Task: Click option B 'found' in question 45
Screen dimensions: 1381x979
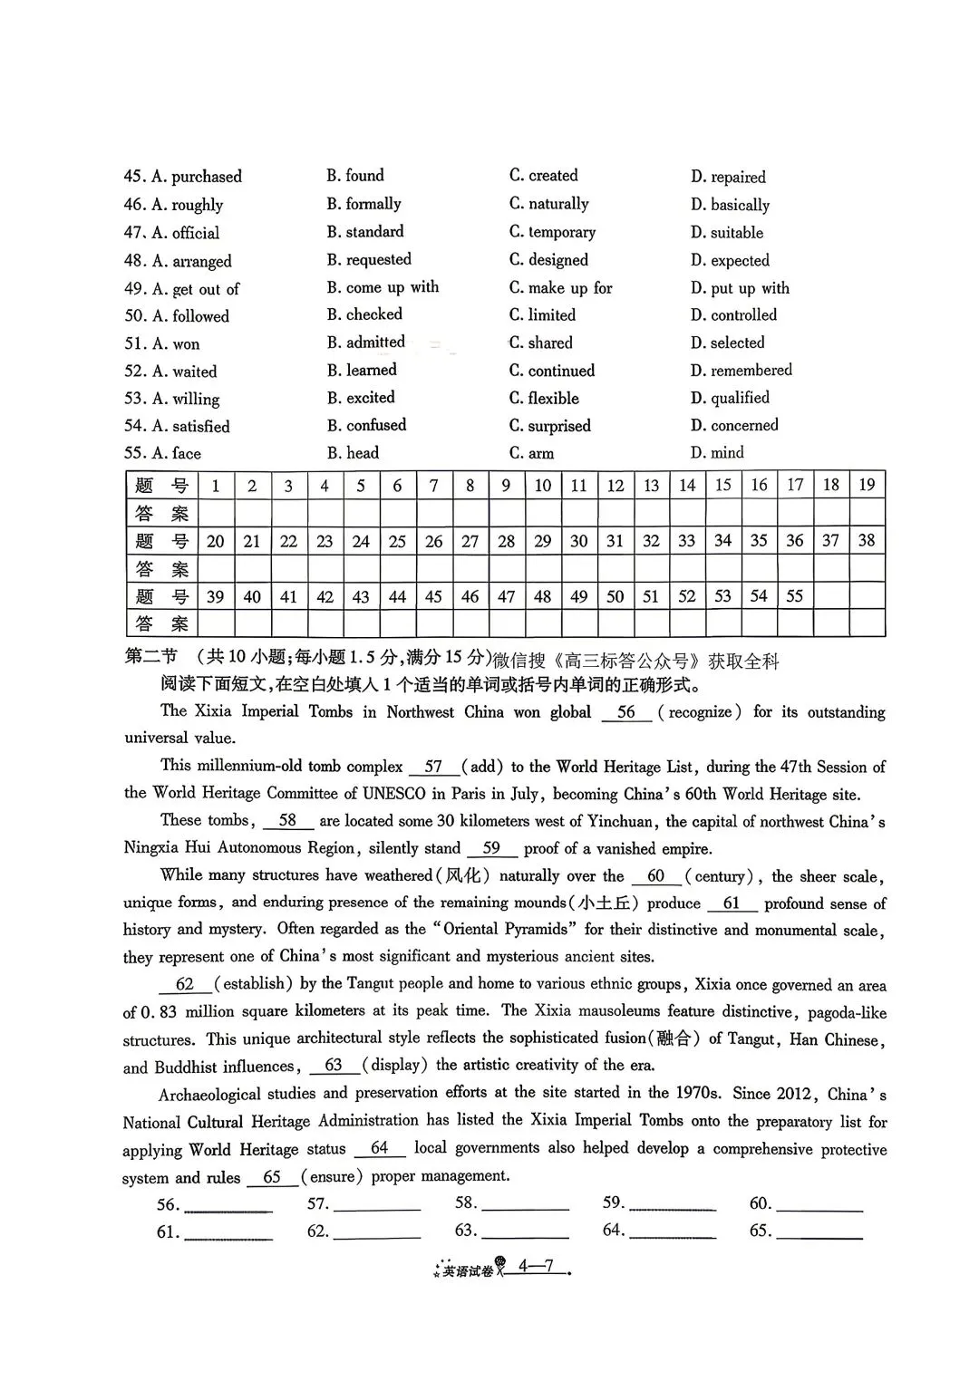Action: pyautogui.click(x=355, y=176)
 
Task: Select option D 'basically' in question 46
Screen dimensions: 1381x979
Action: pyautogui.click(x=730, y=205)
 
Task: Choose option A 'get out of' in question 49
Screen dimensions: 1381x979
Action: pyautogui.click(x=196, y=289)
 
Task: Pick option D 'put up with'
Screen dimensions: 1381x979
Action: pyautogui.click(x=740, y=288)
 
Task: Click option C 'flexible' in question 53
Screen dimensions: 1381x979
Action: pyautogui.click(x=544, y=399)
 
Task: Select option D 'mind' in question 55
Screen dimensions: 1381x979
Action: pyautogui.click(x=717, y=453)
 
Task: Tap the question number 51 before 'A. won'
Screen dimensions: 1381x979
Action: pyautogui.click(x=135, y=343)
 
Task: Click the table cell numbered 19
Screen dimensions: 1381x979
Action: pyautogui.click(x=867, y=485)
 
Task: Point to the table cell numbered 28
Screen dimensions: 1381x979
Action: pyautogui.click(x=506, y=541)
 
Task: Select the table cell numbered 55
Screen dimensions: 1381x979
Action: pyautogui.click(x=794, y=596)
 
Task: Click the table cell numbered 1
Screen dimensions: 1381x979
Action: pyautogui.click(x=216, y=486)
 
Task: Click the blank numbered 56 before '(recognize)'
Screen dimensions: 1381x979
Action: pyautogui.click(x=626, y=712)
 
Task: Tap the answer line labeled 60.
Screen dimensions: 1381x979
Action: pyautogui.click(x=819, y=1205)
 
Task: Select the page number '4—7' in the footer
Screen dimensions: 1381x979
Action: pyautogui.click(x=536, y=1267)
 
